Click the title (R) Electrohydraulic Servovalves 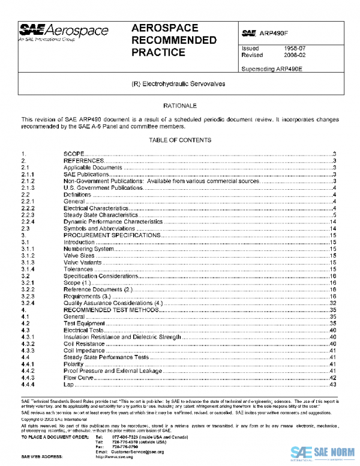(x=178, y=84)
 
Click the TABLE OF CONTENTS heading (x=179, y=140)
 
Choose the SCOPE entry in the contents (x=74, y=154)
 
